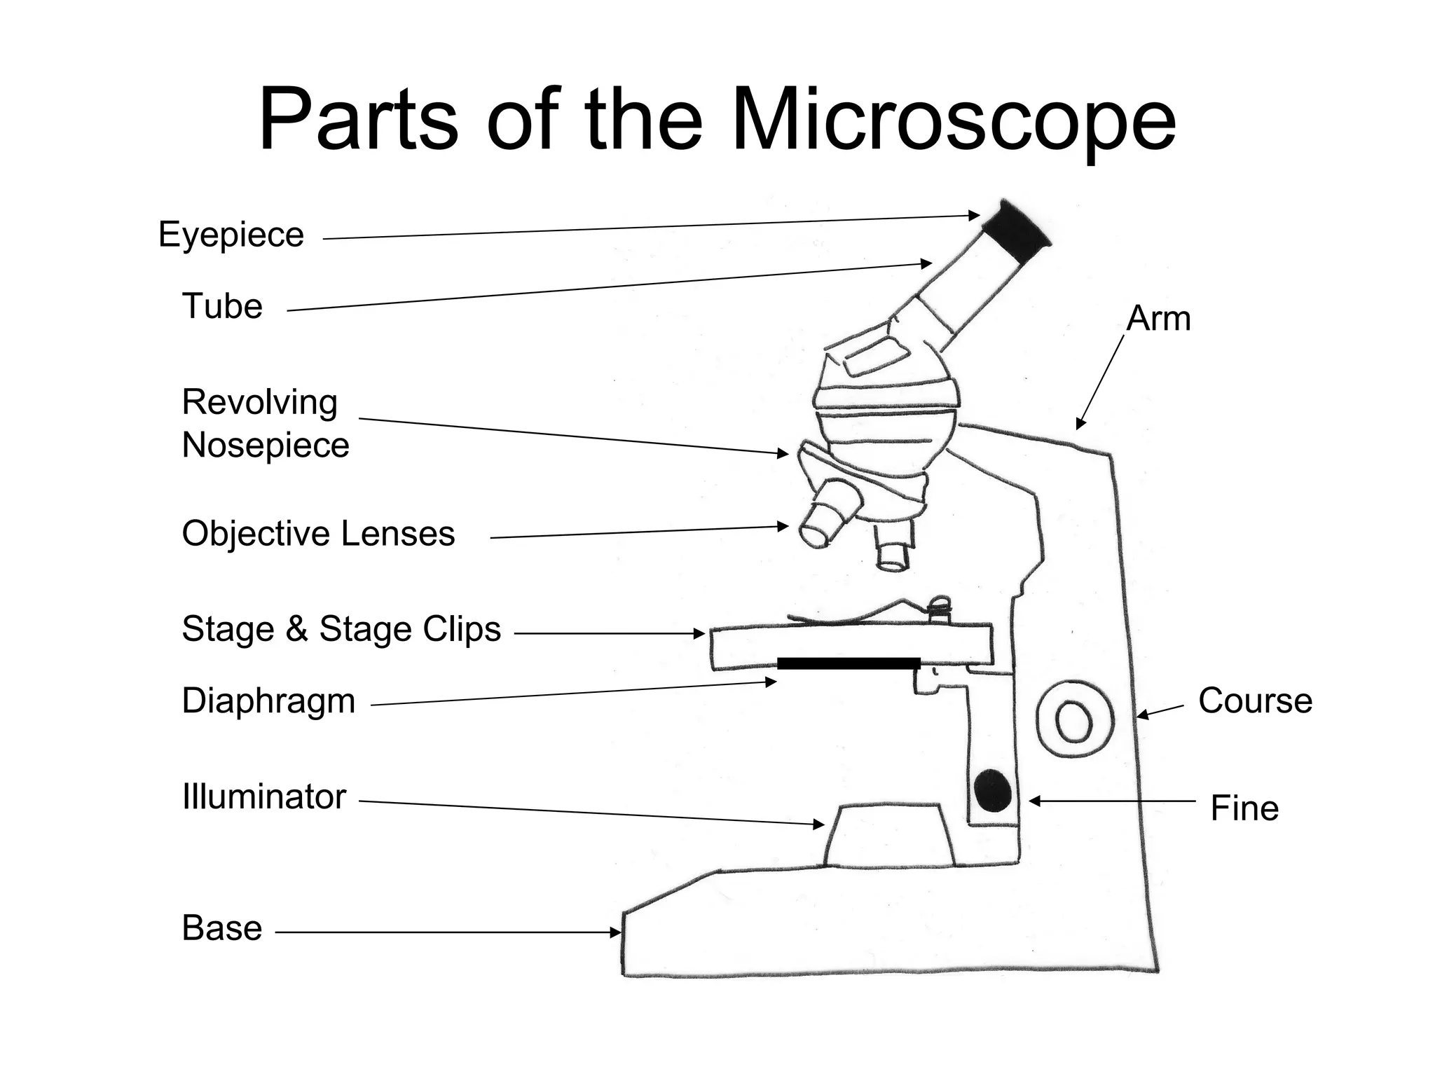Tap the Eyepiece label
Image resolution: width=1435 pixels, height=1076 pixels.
click(x=231, y=235)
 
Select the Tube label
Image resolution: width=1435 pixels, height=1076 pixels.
click(x=222, y=306)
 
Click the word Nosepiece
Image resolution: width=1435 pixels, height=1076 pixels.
click(x=266, y=446)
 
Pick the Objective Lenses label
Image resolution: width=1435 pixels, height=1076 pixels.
click(x=318, y=534)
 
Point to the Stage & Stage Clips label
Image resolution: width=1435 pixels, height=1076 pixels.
click(x=341, y=629)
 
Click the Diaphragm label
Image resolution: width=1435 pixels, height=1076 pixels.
click(x=268, y=701)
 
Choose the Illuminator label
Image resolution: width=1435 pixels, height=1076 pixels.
click(x=264, y=797)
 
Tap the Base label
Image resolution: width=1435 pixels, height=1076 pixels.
click(x=222, y=928)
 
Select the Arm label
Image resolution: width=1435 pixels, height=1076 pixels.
click(x=1158, y=319)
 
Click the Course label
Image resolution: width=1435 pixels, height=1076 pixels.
click(x=1255, y=701)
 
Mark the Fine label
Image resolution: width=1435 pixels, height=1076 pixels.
click(x=1244, y=808)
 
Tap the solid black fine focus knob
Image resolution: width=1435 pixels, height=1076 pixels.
click(x=992, y=790)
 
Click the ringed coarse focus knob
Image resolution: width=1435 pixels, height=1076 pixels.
click(x=1074, y=719)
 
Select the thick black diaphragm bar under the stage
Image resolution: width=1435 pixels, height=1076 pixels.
click(x=848, y=663)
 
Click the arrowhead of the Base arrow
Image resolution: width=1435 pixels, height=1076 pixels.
click(x=617, y=932)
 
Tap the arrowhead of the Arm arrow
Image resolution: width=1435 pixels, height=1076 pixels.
click(x=1080, y=425)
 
